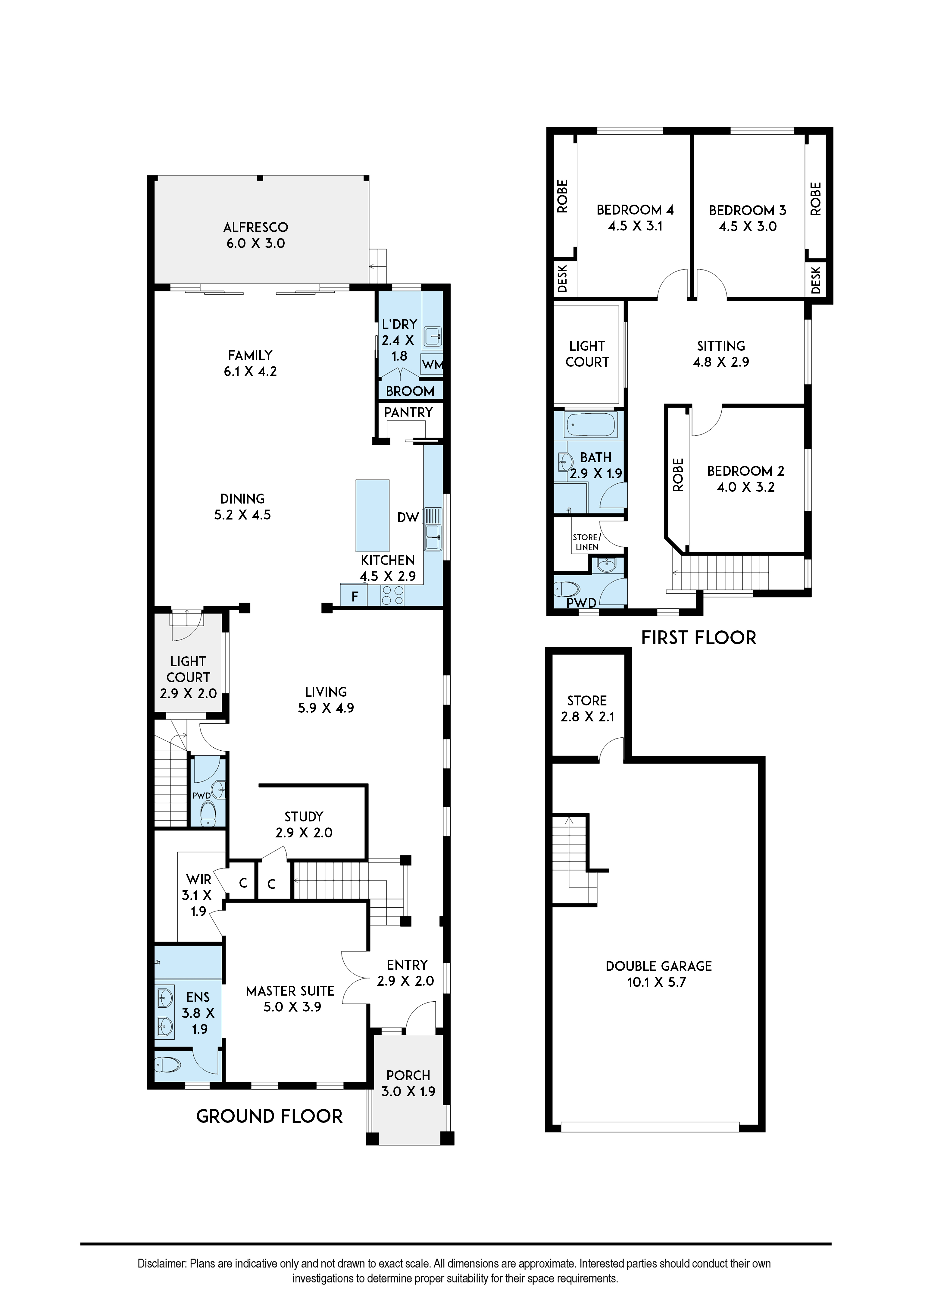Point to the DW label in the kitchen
408,517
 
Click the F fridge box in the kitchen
354,596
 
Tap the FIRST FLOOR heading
699,638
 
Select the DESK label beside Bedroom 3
816,280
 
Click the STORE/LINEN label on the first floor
587,542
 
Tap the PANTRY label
408,412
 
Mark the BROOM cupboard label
410,391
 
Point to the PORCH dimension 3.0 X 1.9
408,1091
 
